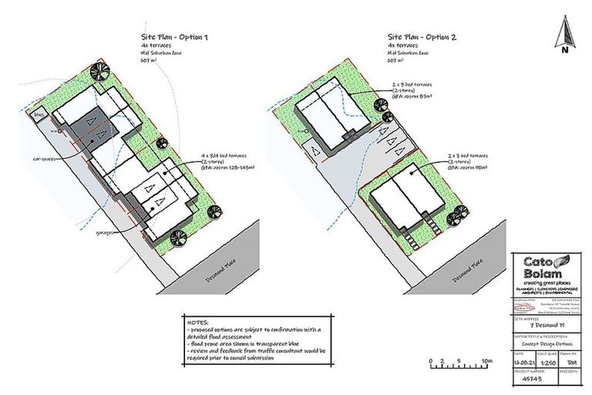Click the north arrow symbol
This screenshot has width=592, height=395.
pyautogui.click(x=565, y=34)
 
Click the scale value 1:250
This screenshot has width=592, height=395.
pyautogui.click(x=550, y=360)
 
